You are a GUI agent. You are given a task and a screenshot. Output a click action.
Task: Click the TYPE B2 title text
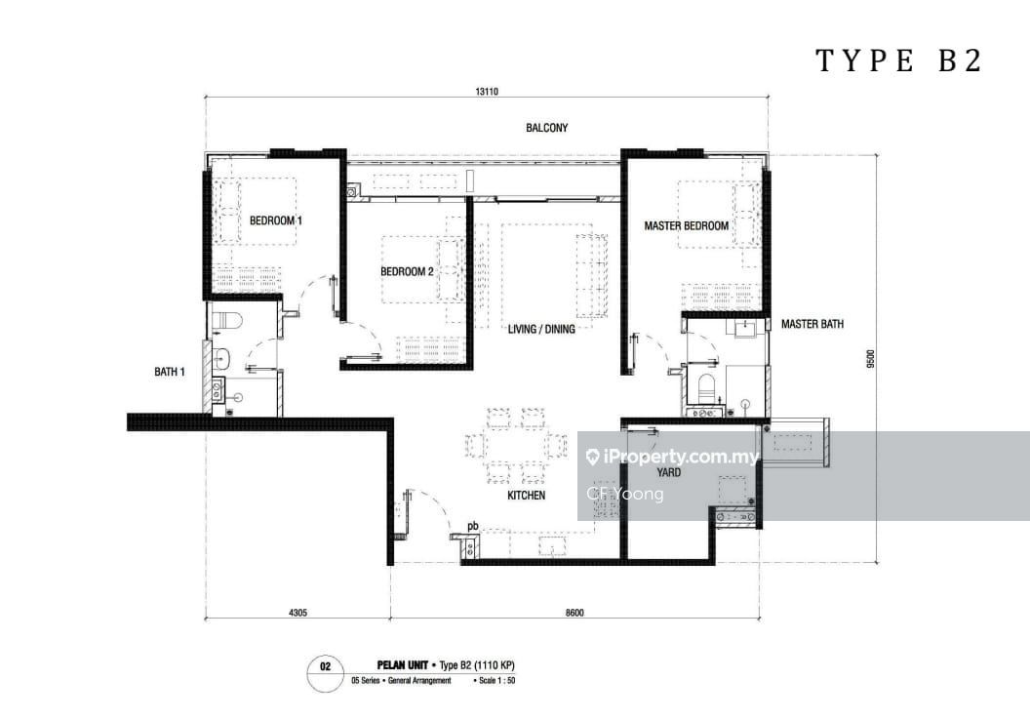click(897, 61)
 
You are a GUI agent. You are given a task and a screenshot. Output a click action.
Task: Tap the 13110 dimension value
click(488, 92)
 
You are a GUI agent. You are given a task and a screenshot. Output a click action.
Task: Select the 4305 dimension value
click(297, 613)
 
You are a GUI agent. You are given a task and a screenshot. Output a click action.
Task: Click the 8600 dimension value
click(574, 613)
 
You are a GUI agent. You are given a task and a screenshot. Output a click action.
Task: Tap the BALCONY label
click(546, 128)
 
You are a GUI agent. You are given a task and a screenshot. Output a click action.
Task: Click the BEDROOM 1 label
click(275, 221)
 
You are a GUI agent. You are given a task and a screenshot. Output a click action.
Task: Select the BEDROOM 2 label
click(407, 272)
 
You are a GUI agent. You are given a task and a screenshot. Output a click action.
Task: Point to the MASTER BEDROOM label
click(686, 226)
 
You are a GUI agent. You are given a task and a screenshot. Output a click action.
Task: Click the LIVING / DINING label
click(541, 329)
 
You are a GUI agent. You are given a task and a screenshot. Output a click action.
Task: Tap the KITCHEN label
click(526, 496)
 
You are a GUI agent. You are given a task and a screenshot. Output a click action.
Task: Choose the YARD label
click(669, 473)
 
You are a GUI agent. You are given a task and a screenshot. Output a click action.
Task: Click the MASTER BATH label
click(812, 324)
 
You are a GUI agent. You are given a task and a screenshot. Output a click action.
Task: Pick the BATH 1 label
click(170, 372)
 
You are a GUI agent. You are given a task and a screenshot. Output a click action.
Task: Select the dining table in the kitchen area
click(516, 446)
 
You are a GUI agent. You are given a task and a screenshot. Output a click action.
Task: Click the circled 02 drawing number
click(326, 668)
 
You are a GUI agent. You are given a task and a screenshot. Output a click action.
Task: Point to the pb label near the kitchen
click(473, 527)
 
